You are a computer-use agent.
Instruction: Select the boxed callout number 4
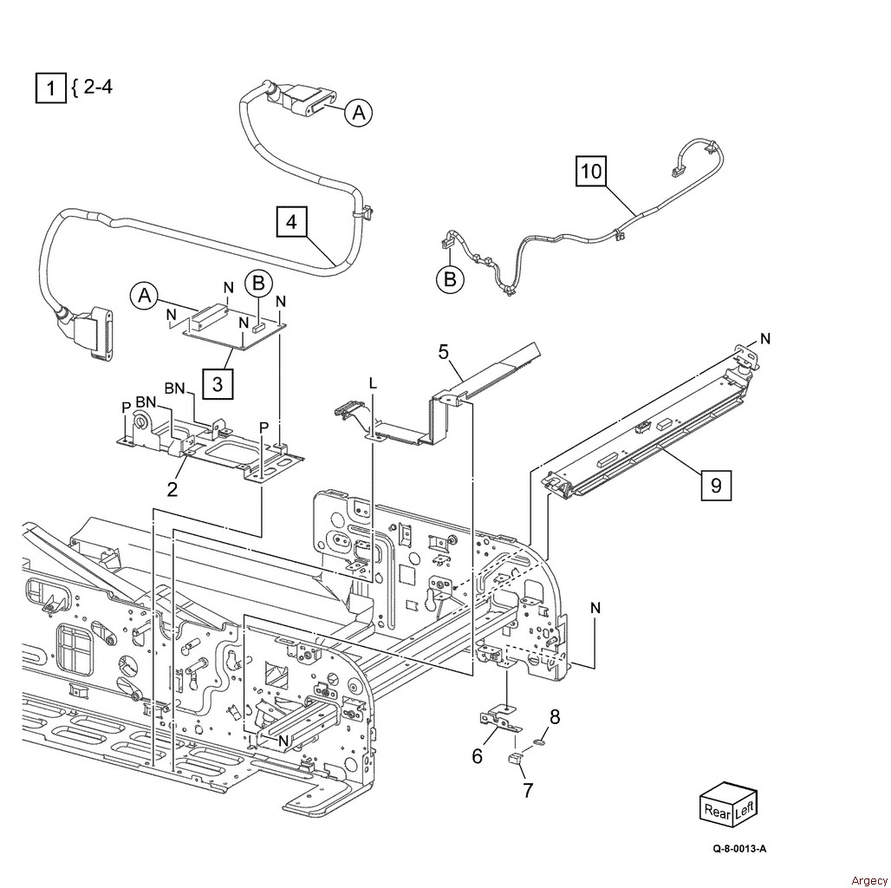click(x=291, y=221)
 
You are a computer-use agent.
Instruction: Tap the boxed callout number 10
click(x=591, y=171)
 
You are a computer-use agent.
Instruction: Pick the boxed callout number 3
click(x=218, y=384)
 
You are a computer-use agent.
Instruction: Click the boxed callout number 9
click(x=716, y=485)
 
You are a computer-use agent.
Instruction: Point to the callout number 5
click(x=444, y=352)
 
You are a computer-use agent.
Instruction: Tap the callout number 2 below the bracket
click(x=172, y=488)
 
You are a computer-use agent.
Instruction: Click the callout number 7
click(x=528, y=790)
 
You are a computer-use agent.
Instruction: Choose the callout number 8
click(x=555, y=717)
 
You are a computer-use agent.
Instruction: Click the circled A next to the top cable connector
click(x=359, y=112)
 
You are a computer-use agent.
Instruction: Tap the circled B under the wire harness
click(x=450, y=279)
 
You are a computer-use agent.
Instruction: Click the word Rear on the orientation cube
click(x=717, y=811)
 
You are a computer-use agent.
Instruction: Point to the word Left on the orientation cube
click(x=745, y=808)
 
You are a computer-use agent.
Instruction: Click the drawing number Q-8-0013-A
click(x=740, y=849)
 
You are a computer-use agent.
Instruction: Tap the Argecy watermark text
click(x=869, y=880)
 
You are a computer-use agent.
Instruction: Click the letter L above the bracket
click(x=373, y=384)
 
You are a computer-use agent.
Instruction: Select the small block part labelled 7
click(x=515, y=759)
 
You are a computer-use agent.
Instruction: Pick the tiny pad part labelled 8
click(x=540, y=741)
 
